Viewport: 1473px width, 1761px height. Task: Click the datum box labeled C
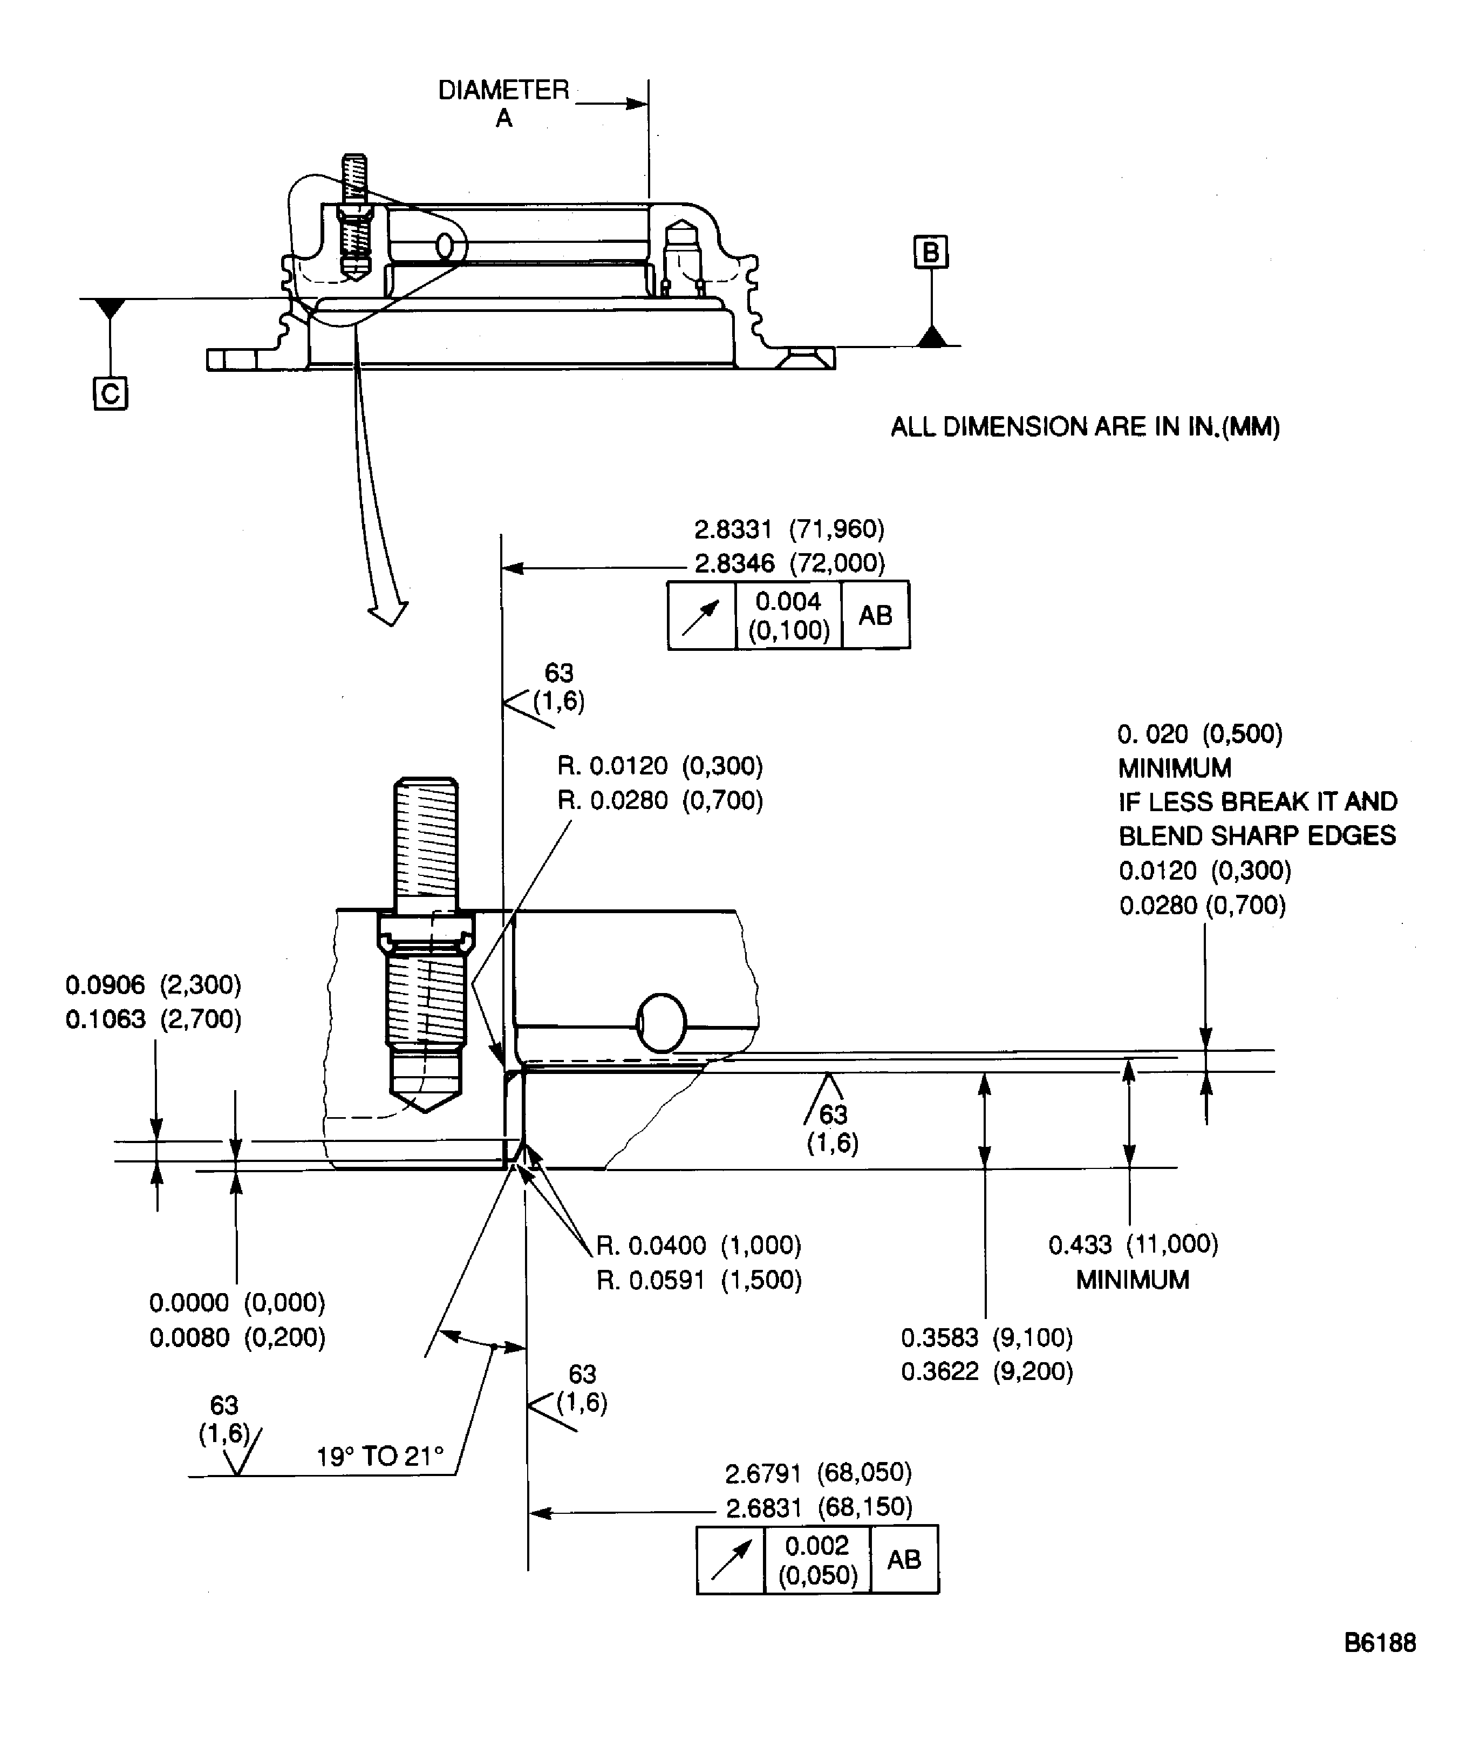(x=110, y=393)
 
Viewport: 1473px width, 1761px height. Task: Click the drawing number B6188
(x=1379, y=1642)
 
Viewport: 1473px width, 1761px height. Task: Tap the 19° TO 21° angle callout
(x=380, y=1457)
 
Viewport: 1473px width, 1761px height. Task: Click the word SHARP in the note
(x=1265, y=836)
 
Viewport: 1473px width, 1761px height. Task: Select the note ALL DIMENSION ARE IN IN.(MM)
(x=1085, y=427)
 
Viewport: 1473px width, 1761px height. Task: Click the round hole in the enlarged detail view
(x=662, y=1023)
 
